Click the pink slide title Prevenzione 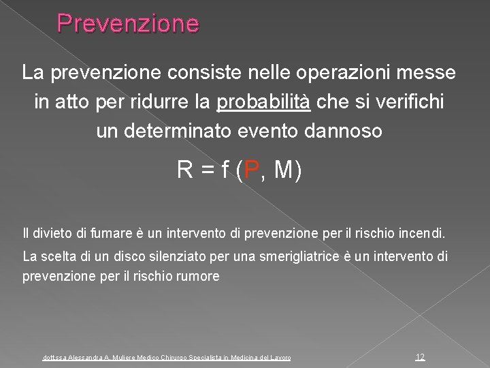click(128, 24)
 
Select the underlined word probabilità click(263, 102)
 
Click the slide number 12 click(420, 356)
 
